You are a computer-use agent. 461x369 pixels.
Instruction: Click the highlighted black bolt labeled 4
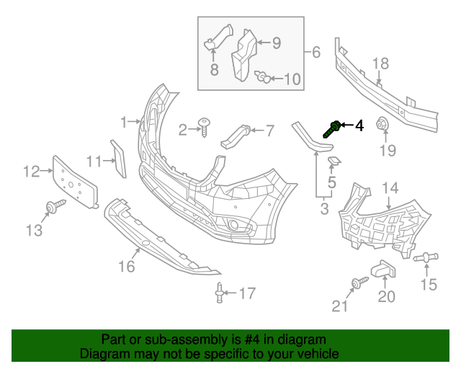tap(334, 130)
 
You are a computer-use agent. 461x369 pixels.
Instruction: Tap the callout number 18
tap(380, 64)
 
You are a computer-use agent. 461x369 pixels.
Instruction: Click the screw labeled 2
tap(206, 127)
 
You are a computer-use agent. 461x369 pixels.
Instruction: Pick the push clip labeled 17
tap(218, 292)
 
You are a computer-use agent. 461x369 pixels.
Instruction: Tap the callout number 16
tap(127, 267)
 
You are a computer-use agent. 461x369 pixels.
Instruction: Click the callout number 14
tap(390, 189)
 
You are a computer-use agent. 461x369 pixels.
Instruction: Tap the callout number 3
tap(324, 209)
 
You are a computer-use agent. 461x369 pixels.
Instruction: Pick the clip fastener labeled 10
tap(264, 77)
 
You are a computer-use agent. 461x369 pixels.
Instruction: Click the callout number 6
tap(315, 52)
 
